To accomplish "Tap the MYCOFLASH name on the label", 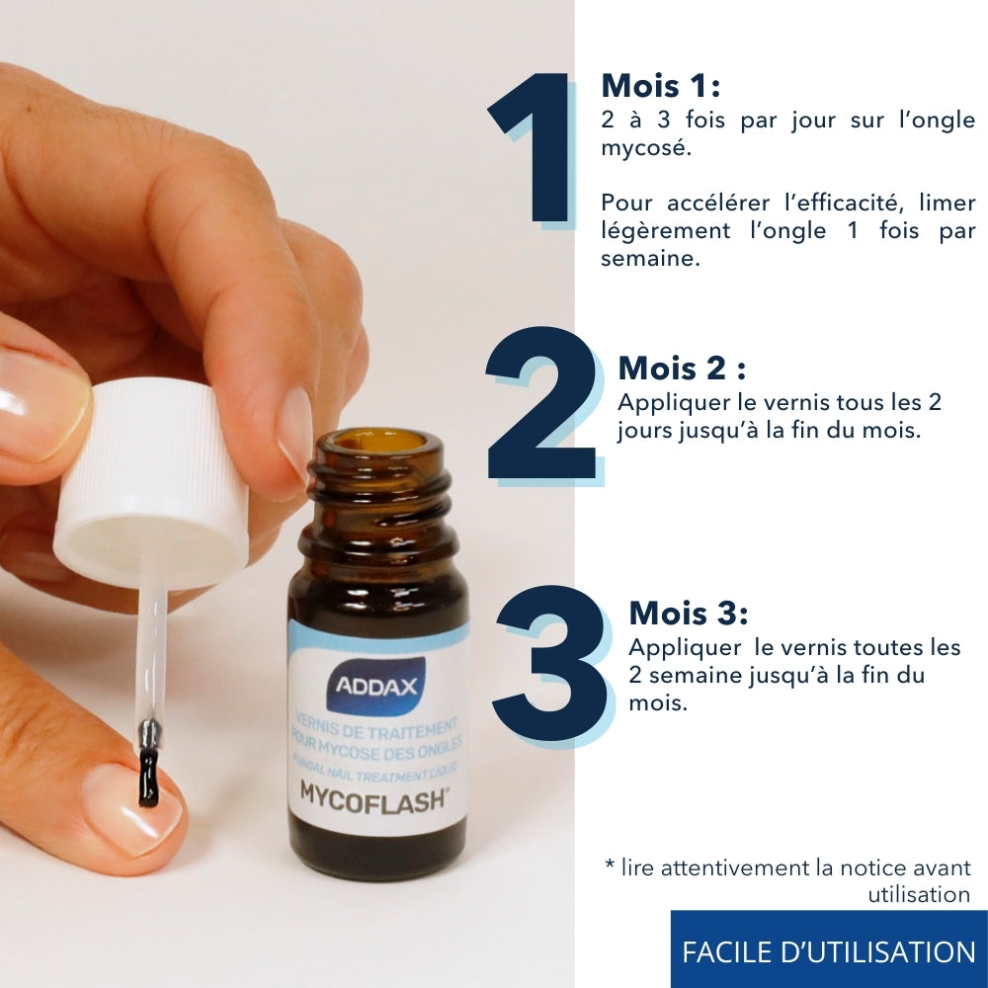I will pos(374,794).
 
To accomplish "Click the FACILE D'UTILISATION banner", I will pos(828,951).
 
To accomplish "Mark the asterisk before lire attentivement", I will pos(610,866).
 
